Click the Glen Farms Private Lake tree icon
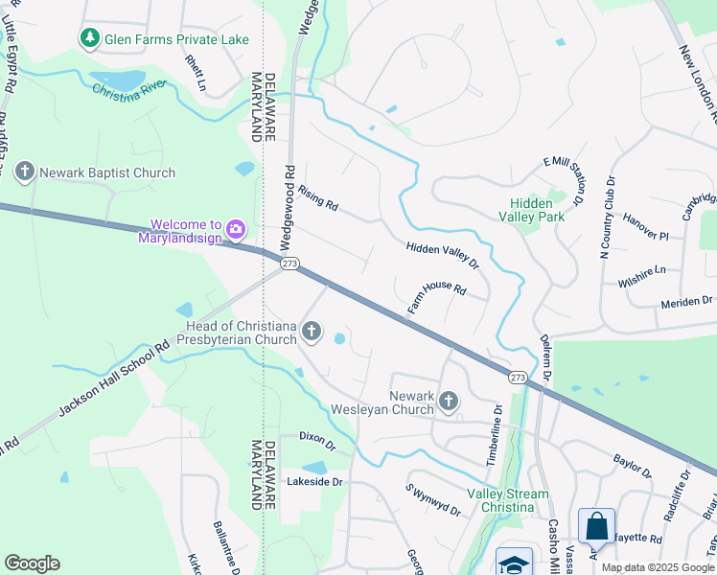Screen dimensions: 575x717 coord(90,38)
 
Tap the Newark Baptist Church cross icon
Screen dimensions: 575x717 coord(25,172)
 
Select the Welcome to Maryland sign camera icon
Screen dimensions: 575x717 coord(236,229)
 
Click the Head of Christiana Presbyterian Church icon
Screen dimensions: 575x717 coord(311,332)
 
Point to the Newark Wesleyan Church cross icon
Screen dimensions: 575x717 coord(449,400)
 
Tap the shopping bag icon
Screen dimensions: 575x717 coord(596,526)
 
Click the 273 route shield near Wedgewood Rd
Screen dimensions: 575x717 coord(289,263)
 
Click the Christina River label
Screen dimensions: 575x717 coord(129,91)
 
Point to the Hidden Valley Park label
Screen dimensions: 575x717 coord(531,210)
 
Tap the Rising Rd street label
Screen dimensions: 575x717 coord(318,199)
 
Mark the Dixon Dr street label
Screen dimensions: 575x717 coord(316,442)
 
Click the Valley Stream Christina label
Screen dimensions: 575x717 coord(508,500)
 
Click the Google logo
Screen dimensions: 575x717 coord(32,563)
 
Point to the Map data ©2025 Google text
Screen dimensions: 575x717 coord(658,567)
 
